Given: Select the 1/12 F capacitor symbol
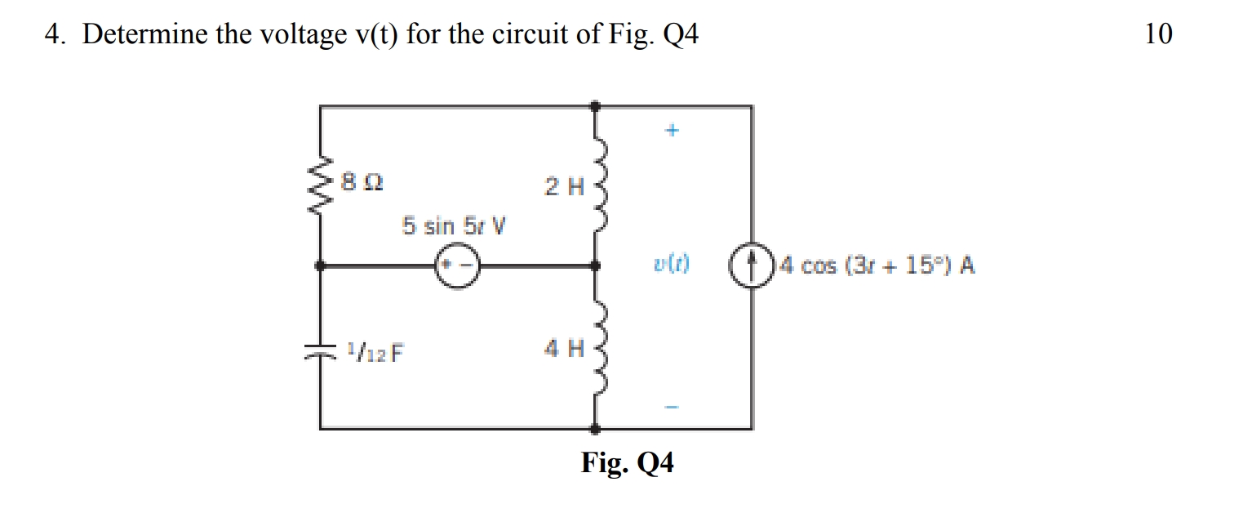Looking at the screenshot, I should click(x=320, y=352).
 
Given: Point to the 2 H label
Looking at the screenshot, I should click(x=565, y=186).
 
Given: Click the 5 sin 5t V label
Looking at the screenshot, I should click(x=454, y=225).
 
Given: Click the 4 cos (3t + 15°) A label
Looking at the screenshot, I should click(x=877, y=265).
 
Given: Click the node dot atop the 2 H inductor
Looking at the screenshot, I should click(x=597, y=105).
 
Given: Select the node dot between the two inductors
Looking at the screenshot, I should click(x=597, y=265).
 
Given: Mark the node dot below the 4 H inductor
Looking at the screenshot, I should click(x=597, y=427).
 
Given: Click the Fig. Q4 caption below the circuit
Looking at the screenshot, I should click(x=628, y=463).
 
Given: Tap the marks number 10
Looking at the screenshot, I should click(x=1158, y=34).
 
